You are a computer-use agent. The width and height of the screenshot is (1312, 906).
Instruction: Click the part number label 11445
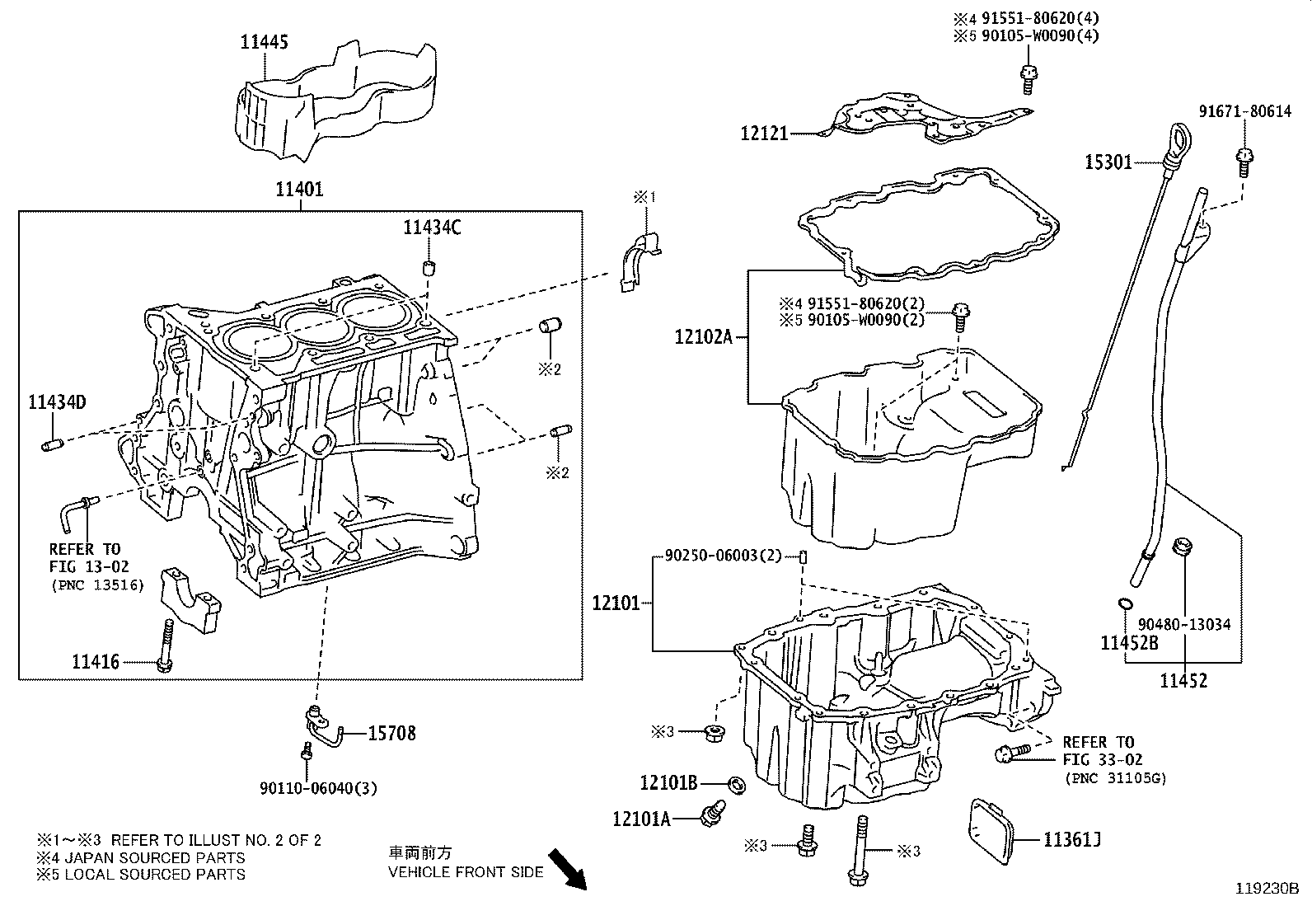tap(265, 41)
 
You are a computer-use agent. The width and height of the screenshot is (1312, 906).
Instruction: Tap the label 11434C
tap(431, 228)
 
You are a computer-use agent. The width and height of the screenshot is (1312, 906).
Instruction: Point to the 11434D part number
tap(57, 402)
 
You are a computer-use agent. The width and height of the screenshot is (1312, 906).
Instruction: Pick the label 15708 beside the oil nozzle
tap(391, 733)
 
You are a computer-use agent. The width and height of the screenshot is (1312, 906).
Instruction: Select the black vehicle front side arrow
tap(567, 871)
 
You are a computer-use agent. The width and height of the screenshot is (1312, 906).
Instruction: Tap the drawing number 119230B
tap(1266, 889)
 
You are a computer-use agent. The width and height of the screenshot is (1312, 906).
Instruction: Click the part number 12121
tap(765, 133)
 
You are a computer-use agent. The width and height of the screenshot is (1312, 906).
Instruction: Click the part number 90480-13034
tap(1184, 624)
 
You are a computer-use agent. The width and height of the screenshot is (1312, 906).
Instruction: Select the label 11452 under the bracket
tap(1183, 681)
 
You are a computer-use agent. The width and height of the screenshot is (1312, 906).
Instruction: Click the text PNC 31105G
tap(1114, 777)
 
